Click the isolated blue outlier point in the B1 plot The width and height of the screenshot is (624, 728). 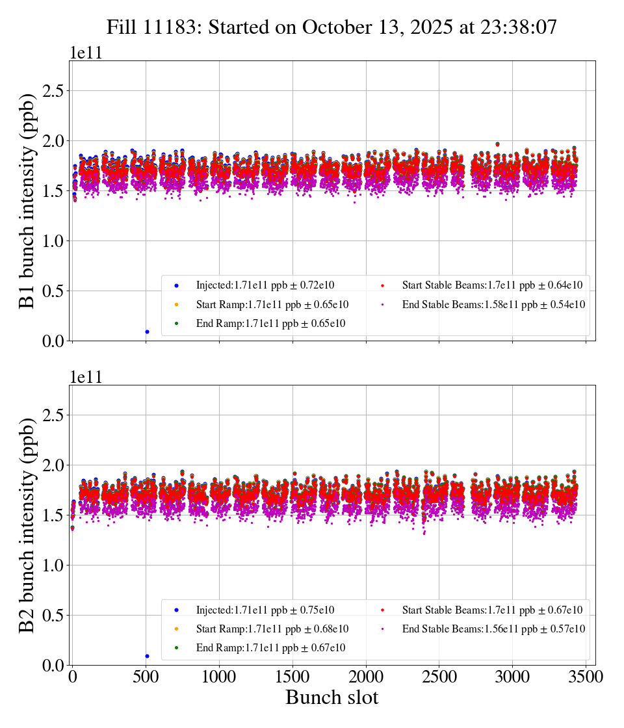(x=147, y=331)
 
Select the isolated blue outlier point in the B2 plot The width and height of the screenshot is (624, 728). (x=147, y=656)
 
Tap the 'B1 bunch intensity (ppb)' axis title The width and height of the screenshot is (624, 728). (x=27, y=201)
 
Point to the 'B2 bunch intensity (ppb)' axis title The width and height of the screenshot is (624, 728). (x=27, y=525)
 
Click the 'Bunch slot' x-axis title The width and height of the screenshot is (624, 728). (x=332, y=698)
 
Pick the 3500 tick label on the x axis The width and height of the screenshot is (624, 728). (x=586, y=677)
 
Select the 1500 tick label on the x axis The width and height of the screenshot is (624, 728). (x=292, y=677)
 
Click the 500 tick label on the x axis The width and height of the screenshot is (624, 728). (x=146, y=677)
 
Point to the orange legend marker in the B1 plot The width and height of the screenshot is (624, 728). (x=176, y=304)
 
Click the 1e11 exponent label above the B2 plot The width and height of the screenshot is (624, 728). (x=86, y=378)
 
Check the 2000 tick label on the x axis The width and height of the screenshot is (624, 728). (x=366, y=677)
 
